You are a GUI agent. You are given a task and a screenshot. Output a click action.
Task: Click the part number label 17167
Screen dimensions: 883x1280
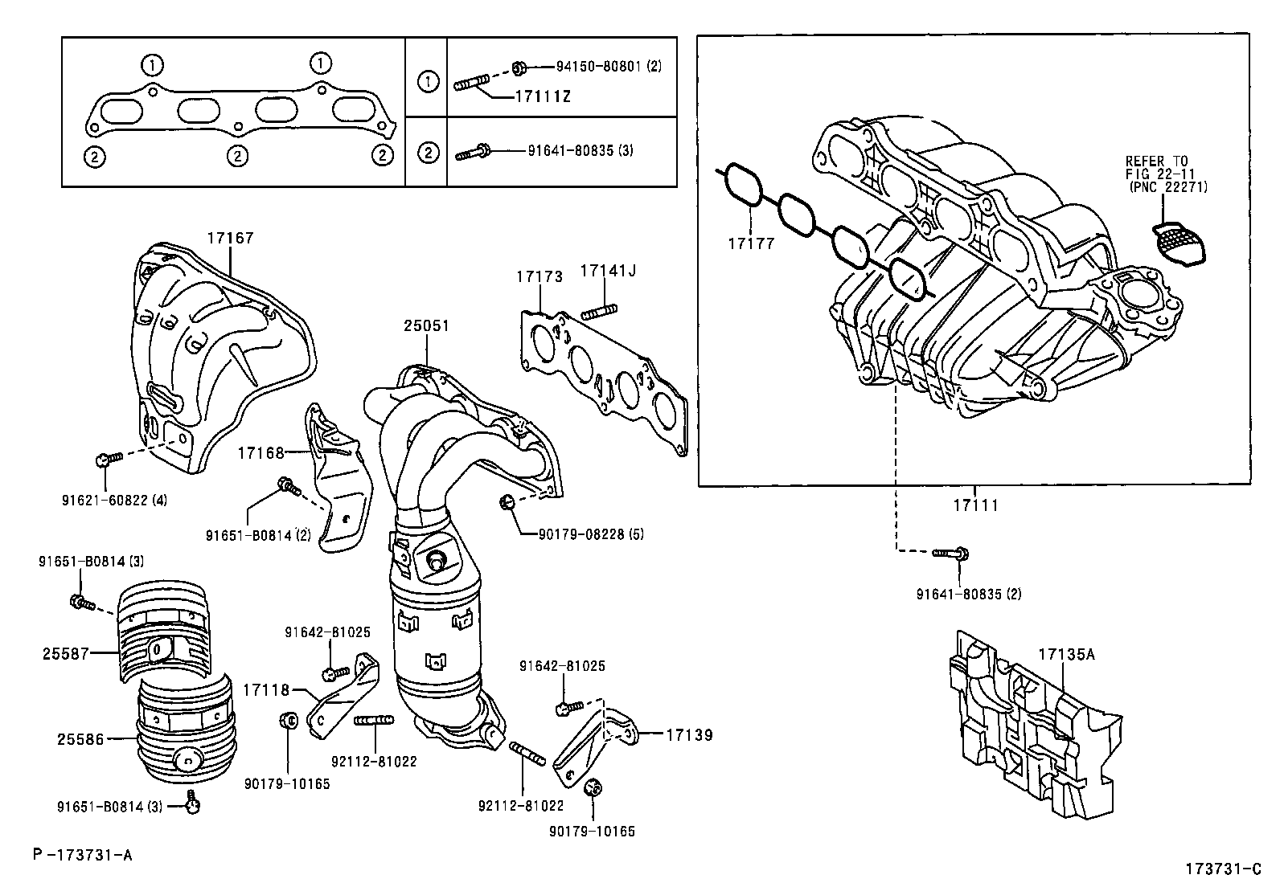click(x=230, y=238)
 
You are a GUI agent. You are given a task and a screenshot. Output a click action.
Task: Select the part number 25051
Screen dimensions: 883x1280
click(x=426, y=326)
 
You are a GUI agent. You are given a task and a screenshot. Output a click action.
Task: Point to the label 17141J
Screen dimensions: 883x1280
click(x=607, y=272)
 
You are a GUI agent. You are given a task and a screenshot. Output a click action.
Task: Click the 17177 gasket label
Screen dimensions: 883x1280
click(x=751, y=243)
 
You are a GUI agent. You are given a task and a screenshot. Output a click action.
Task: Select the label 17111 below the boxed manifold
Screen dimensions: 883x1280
click(x=975, y=505)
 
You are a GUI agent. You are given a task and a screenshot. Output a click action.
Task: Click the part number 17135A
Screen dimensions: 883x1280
click(x=1066, y=654)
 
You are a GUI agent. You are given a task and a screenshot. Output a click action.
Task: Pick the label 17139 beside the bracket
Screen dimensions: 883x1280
click(x=689, y=734)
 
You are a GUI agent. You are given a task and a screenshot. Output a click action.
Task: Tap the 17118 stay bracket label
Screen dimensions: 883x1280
click(x=266, y=689)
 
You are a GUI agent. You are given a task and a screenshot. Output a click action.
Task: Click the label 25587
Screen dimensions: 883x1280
click(x=66, y=654)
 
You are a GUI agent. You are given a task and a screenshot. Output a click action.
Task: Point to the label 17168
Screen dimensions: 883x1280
click(x=261, y=453)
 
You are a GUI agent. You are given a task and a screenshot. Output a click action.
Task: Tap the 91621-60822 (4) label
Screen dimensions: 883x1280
click(x=114, y=500)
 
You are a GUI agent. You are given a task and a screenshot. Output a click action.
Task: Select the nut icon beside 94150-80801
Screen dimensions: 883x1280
click(x=519, y=66)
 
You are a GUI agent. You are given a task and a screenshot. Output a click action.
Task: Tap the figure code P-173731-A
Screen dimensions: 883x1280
click(x=83, y=855)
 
